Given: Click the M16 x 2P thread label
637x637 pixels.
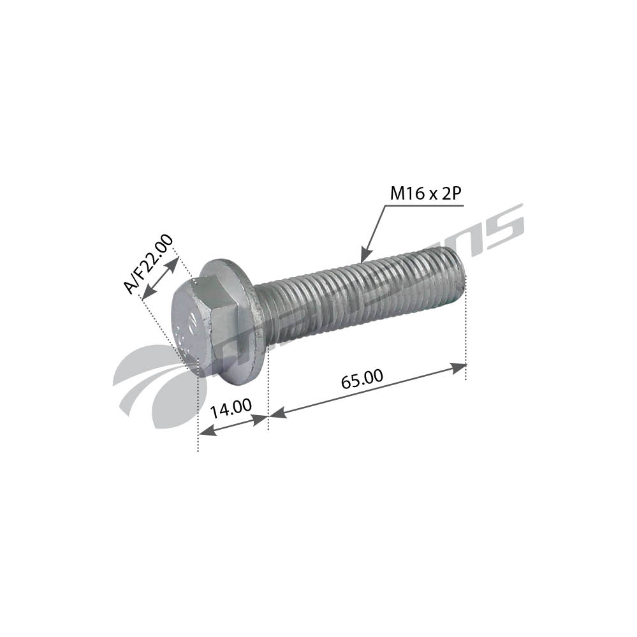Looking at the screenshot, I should pos(425,194).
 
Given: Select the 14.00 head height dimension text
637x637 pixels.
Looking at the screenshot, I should pos(231,408).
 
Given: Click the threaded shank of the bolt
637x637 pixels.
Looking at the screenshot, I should pos(357,297).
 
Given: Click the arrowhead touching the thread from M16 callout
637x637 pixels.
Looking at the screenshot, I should pos(364,256).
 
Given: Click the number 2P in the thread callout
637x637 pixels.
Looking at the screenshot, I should pos(450,194).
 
